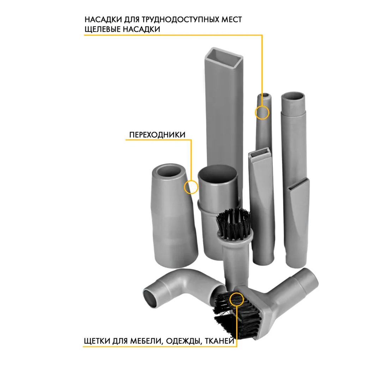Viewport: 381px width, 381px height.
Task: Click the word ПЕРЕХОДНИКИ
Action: pos(157,135)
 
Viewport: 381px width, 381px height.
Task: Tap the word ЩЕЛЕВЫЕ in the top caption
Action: pos(102,29)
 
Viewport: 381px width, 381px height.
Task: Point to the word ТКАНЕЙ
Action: pos(219,341)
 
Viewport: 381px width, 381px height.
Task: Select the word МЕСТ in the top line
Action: pos(231,19)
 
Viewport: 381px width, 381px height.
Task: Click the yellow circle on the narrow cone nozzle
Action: pos(262,113)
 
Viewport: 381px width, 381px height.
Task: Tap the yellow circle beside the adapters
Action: pos(191,187)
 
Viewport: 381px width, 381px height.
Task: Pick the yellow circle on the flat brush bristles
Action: pos(236,300)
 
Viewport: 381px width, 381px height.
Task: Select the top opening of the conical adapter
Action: pos(169,171)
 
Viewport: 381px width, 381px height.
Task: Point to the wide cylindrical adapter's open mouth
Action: pos(217,175)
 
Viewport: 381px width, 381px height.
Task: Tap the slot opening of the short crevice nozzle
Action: pos(260,153)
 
